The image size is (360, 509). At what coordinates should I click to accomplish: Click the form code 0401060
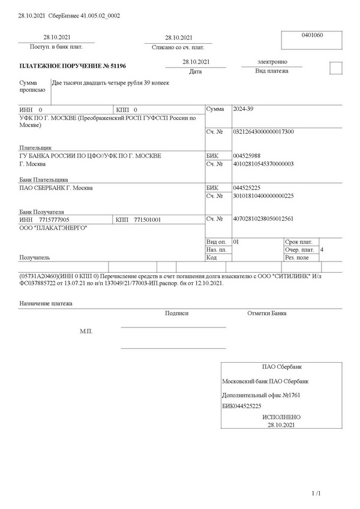pos(312,35)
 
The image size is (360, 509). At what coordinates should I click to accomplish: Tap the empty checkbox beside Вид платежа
pos(336,68)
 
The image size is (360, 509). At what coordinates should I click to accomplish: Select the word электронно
pos(272,62)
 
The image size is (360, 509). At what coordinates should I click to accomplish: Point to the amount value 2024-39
pos(242,110)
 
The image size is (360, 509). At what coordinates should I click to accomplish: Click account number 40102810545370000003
pos(263,164)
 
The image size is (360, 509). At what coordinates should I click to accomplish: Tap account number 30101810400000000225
pos(263,196)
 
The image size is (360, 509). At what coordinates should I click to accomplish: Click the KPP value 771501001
pos(147,220)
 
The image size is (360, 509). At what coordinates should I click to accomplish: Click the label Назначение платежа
pos(46,304)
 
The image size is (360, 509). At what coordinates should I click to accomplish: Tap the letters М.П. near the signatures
pos(86,331)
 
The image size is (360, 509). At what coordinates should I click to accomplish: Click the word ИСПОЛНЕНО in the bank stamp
pos(281,417)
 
